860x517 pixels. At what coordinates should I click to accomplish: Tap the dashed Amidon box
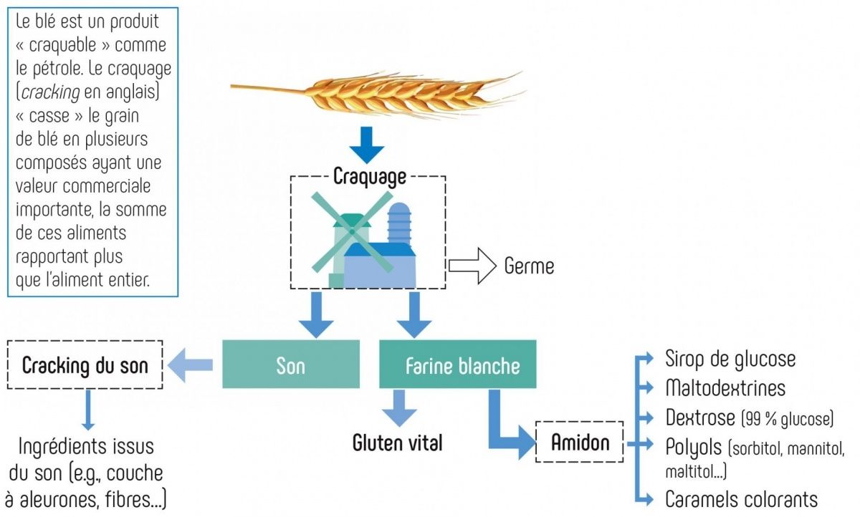(580, 443)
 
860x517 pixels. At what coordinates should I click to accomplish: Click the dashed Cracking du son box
(85, 365)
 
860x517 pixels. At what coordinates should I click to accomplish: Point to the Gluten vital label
(397, 443)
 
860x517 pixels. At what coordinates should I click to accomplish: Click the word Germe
(529, 266)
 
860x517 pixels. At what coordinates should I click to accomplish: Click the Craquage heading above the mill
(370, 176)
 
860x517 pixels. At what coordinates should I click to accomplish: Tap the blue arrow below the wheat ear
(367, 147)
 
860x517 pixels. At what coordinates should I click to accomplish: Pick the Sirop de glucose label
(730, 358)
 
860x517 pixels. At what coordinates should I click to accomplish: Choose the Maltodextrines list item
(725, 388)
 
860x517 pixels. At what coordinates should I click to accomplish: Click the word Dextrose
(699, 417)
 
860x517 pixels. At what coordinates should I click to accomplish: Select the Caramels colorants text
(741, 498)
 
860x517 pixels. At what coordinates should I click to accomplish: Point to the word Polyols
(693, 448)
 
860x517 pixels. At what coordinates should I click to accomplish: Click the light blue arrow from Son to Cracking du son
(190, 365)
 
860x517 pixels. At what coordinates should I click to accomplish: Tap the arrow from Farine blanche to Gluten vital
(398, 409)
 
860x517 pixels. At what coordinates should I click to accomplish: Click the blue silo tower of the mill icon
(399, 222)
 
